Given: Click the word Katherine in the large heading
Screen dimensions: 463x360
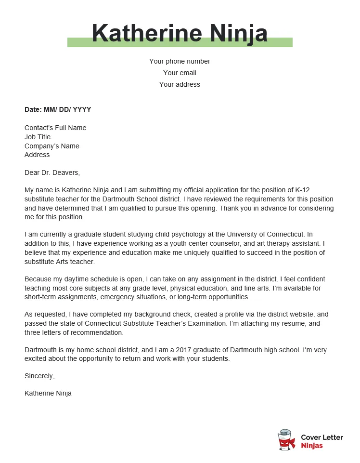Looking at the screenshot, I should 147,33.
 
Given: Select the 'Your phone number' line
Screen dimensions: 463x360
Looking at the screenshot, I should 180,61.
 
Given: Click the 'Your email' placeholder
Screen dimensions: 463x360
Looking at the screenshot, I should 180,73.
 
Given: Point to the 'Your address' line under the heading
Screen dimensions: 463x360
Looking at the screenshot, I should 180,84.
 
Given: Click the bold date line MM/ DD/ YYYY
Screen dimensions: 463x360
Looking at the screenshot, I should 58,109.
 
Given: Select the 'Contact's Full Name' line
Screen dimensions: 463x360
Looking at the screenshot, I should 55,128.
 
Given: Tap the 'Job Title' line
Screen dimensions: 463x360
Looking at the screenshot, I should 38,137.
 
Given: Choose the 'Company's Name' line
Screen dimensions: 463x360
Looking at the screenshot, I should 52,146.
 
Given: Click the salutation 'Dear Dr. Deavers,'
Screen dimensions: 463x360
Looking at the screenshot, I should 52,172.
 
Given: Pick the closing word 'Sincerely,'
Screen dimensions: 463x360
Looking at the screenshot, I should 39,376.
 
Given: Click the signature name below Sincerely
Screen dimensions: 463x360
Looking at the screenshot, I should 48,393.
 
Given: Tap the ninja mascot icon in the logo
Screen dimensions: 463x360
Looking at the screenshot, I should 286,440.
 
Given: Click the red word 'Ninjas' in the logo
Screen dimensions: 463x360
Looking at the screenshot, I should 312,446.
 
